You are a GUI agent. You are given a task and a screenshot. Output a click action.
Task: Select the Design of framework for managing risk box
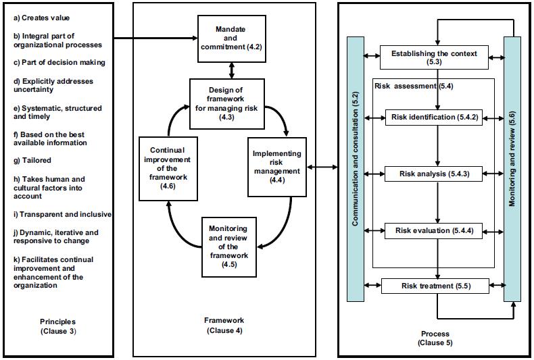tap(222, 103)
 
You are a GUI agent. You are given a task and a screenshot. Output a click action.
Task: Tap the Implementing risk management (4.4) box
tap(277, 167)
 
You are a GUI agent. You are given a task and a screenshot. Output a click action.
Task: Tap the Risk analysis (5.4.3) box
tap(437, 174)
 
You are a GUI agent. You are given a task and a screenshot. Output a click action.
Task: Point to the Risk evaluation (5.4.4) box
tap(437, 231)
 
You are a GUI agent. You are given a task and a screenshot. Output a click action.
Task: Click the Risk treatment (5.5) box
tap(435, 286)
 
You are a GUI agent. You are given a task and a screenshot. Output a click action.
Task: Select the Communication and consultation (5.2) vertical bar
tap(356, 169)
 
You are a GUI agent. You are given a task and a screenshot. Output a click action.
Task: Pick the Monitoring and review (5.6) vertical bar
tap(512, 169)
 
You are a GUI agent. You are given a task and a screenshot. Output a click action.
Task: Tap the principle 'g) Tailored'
tap(32, 160)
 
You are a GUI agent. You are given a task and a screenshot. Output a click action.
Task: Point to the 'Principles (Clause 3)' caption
tap(57, 326)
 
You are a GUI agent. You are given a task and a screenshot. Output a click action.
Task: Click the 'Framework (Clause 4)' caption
tap(224, 325)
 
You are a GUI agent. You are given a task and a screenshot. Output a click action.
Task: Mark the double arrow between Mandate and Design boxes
tap(231, 68)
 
